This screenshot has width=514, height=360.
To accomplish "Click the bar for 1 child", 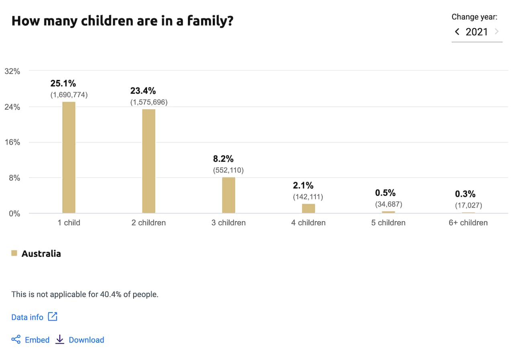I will coord(69,157).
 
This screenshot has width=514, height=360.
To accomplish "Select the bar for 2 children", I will coord(149,161).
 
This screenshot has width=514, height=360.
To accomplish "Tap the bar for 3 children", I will coord(228,195).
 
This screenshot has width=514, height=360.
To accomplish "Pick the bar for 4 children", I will coord(308,208).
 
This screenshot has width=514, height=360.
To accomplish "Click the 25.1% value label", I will coord(63,84).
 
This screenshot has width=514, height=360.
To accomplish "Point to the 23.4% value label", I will coord(143,91).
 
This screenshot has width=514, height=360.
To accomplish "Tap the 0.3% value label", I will coord(465,194).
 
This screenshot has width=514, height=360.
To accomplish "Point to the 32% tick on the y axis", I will coord(12,72).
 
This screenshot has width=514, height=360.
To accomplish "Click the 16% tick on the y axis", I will coord(12,142).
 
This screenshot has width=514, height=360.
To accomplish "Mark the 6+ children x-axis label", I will coord(468,223).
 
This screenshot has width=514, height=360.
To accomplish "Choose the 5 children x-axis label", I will coord(388,223).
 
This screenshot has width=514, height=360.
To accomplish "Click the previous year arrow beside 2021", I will coord(457,32).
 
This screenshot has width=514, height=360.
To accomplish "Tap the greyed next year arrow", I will coord(497,32).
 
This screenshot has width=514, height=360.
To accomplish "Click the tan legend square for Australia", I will coord(14,253).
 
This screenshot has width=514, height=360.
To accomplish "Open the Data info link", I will coord(27,317).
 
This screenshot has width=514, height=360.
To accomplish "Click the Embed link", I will coord(37,340).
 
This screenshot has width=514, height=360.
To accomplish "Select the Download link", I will coord(86,340).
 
